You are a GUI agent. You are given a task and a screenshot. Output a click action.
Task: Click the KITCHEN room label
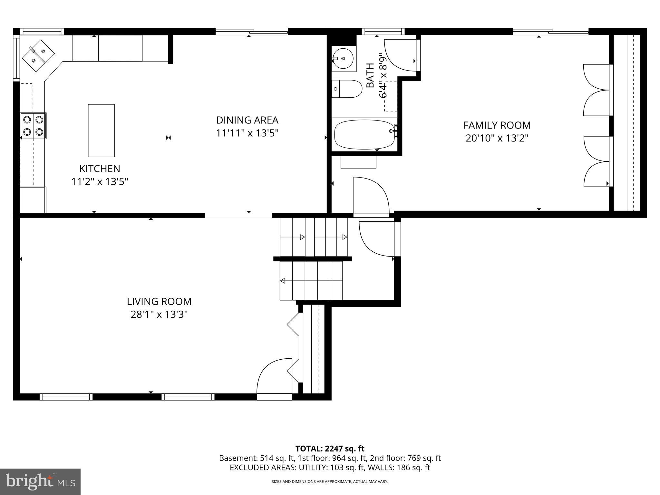100,169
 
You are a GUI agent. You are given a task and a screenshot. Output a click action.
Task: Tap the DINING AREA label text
247,120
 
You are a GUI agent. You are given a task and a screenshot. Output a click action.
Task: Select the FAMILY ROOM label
497,125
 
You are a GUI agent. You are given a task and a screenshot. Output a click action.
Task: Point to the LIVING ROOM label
159,301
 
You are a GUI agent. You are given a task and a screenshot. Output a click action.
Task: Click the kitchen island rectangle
101,130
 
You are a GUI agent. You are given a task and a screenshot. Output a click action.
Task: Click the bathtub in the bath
364,134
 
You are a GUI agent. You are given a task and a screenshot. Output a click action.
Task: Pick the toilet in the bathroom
346,89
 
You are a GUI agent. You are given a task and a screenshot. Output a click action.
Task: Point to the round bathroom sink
343,58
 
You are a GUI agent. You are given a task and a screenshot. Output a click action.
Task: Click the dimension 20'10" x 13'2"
497,138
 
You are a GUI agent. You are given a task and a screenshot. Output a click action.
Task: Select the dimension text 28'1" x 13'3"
159,315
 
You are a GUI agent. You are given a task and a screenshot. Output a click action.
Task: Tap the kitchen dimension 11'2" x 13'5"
100,182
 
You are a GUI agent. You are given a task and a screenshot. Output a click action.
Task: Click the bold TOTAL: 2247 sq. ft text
330,449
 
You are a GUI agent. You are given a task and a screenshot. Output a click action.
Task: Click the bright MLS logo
40,481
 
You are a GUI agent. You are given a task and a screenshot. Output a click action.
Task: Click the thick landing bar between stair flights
312,259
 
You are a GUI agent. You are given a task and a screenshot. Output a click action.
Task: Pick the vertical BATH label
371,75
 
